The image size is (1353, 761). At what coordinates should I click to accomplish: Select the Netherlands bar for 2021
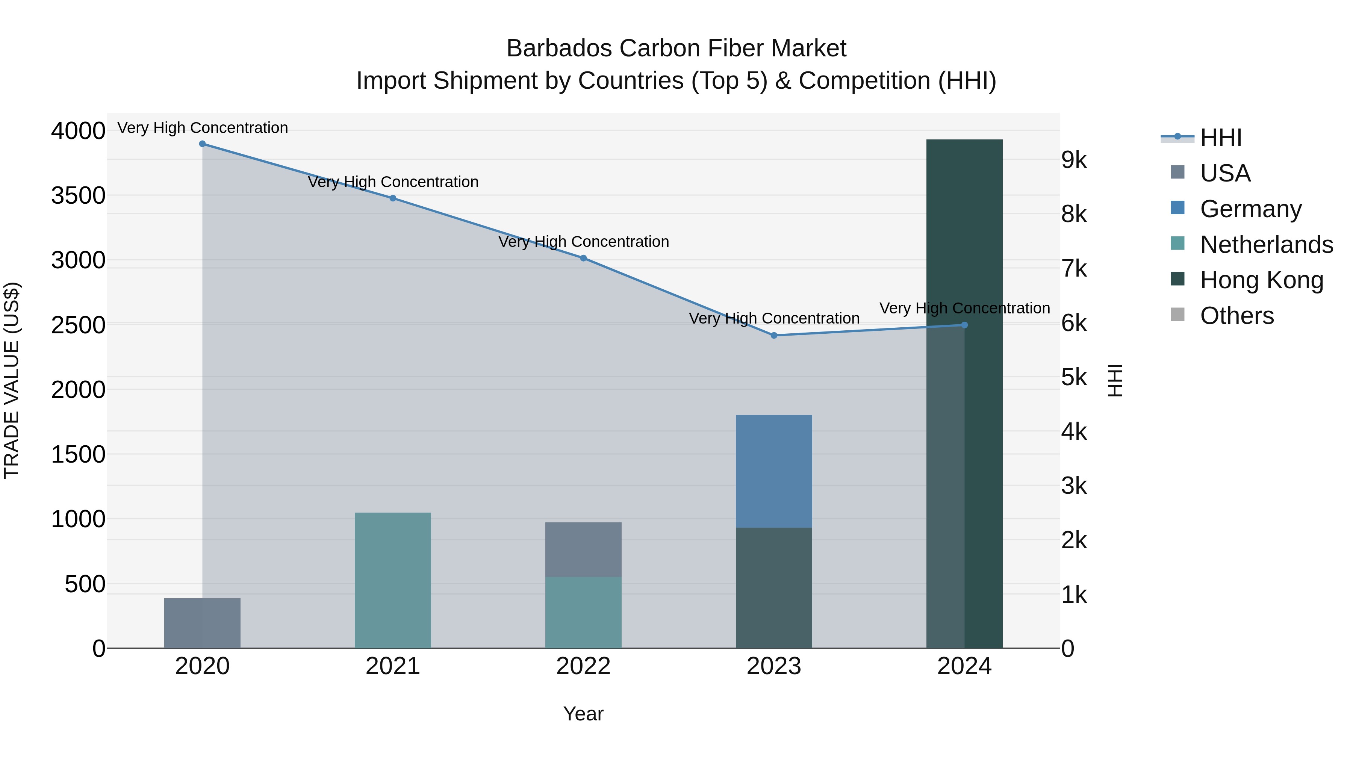(393, 580)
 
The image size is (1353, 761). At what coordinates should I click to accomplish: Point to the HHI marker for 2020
(202, 144)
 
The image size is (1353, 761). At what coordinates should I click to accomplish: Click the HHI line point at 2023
(774, 336)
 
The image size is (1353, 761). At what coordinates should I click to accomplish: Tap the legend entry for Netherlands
(1266, 245)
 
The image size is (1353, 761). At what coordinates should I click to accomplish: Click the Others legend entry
(1236, 316)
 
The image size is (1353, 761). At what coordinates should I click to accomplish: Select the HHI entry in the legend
(1221, 138)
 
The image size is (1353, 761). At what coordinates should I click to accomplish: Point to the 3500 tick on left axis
(78, 196)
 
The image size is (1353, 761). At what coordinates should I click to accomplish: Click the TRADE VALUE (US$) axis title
(12, 380)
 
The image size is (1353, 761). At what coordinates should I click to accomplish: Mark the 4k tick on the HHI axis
(1074, 432)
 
